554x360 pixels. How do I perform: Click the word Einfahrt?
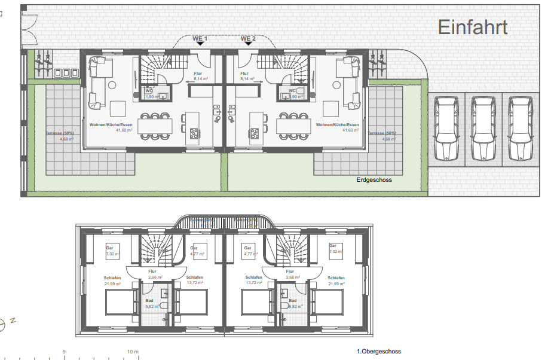tap(473, 27)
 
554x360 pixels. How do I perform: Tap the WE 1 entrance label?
tap(200, 39)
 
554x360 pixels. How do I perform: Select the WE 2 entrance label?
tap(248, 39)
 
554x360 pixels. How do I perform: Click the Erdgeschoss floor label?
tap(374, 179)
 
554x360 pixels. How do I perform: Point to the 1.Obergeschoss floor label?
tap(378, 352)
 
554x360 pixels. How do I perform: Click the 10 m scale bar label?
tap(133, 352)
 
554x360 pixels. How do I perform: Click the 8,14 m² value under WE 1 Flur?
tap(200, 79)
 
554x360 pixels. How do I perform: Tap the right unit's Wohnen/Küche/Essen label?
tap(338, 124)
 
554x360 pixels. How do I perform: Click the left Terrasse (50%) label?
tap(60, 133)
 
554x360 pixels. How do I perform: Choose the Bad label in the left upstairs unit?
tap(150, 301)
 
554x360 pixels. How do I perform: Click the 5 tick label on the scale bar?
tap(64, 352)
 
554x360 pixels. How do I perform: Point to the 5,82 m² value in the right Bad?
tap(293, 306)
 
